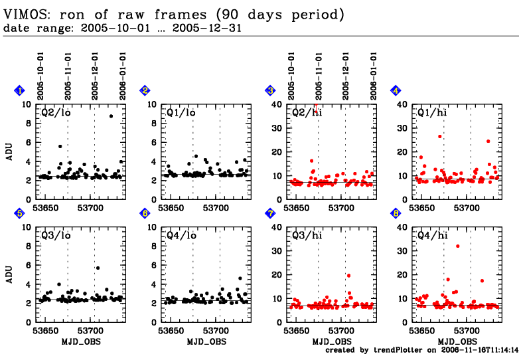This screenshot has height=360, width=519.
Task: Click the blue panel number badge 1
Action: (x=20, y=90)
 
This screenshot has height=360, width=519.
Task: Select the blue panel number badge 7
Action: (x=269, y=213)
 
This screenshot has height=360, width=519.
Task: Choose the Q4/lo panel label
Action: (x=181, y=234)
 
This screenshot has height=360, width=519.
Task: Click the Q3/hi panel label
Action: (x=306, y=234)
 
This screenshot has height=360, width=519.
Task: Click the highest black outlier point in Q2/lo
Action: (x=111, y=116)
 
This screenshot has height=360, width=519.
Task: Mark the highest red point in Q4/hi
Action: (x=458, y=246)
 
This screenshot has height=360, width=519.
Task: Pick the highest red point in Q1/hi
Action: (x=439, y=136)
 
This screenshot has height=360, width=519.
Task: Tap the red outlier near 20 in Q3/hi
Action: (x=348, y=276)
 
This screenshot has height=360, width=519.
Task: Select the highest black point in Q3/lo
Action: (x=98, y=268)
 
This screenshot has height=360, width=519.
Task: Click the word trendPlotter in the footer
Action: (x=394, y=349)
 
